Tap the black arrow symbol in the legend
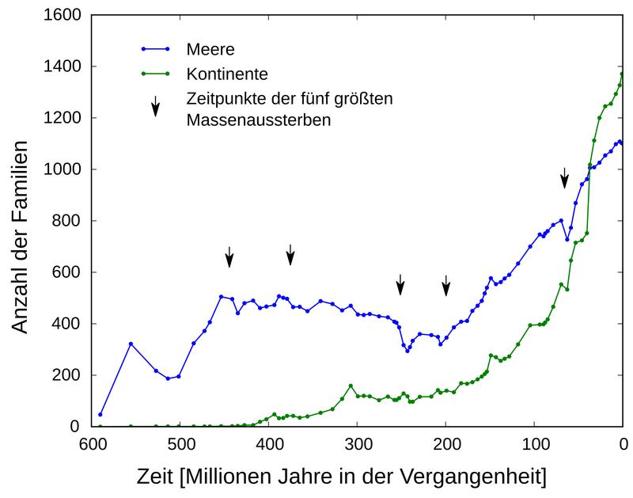[156, 106]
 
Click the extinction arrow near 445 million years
[229, 256]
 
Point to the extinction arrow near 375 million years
[290, 254]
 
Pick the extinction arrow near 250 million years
[400, 283]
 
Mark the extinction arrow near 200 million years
[446, 285]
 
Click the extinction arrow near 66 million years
[564, 177]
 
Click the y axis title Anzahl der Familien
[23, 236]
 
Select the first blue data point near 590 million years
[100, 414]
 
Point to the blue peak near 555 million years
[131, 344]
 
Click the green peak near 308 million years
[351, 386]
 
